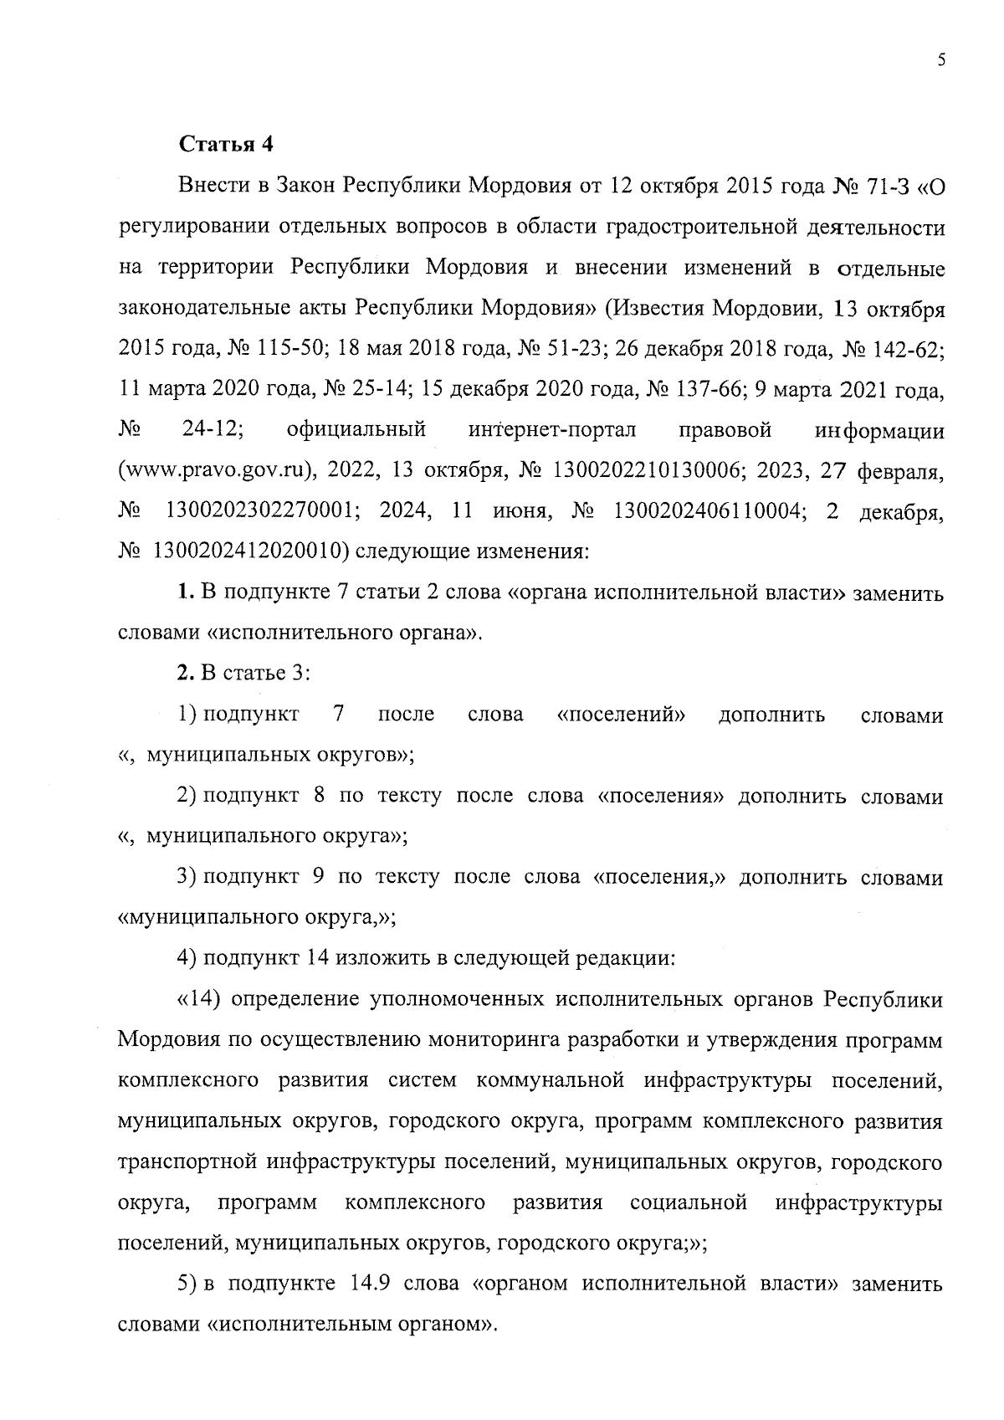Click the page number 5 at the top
tap(941, 59)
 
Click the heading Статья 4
tap(226, 144)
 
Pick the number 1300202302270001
tap(264, 512)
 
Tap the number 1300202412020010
tap(244, 552)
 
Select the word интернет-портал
tap(553, 432)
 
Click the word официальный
tap(356, 432)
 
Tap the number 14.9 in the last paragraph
tap(363, 1284)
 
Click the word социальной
tap(688, 1203)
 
